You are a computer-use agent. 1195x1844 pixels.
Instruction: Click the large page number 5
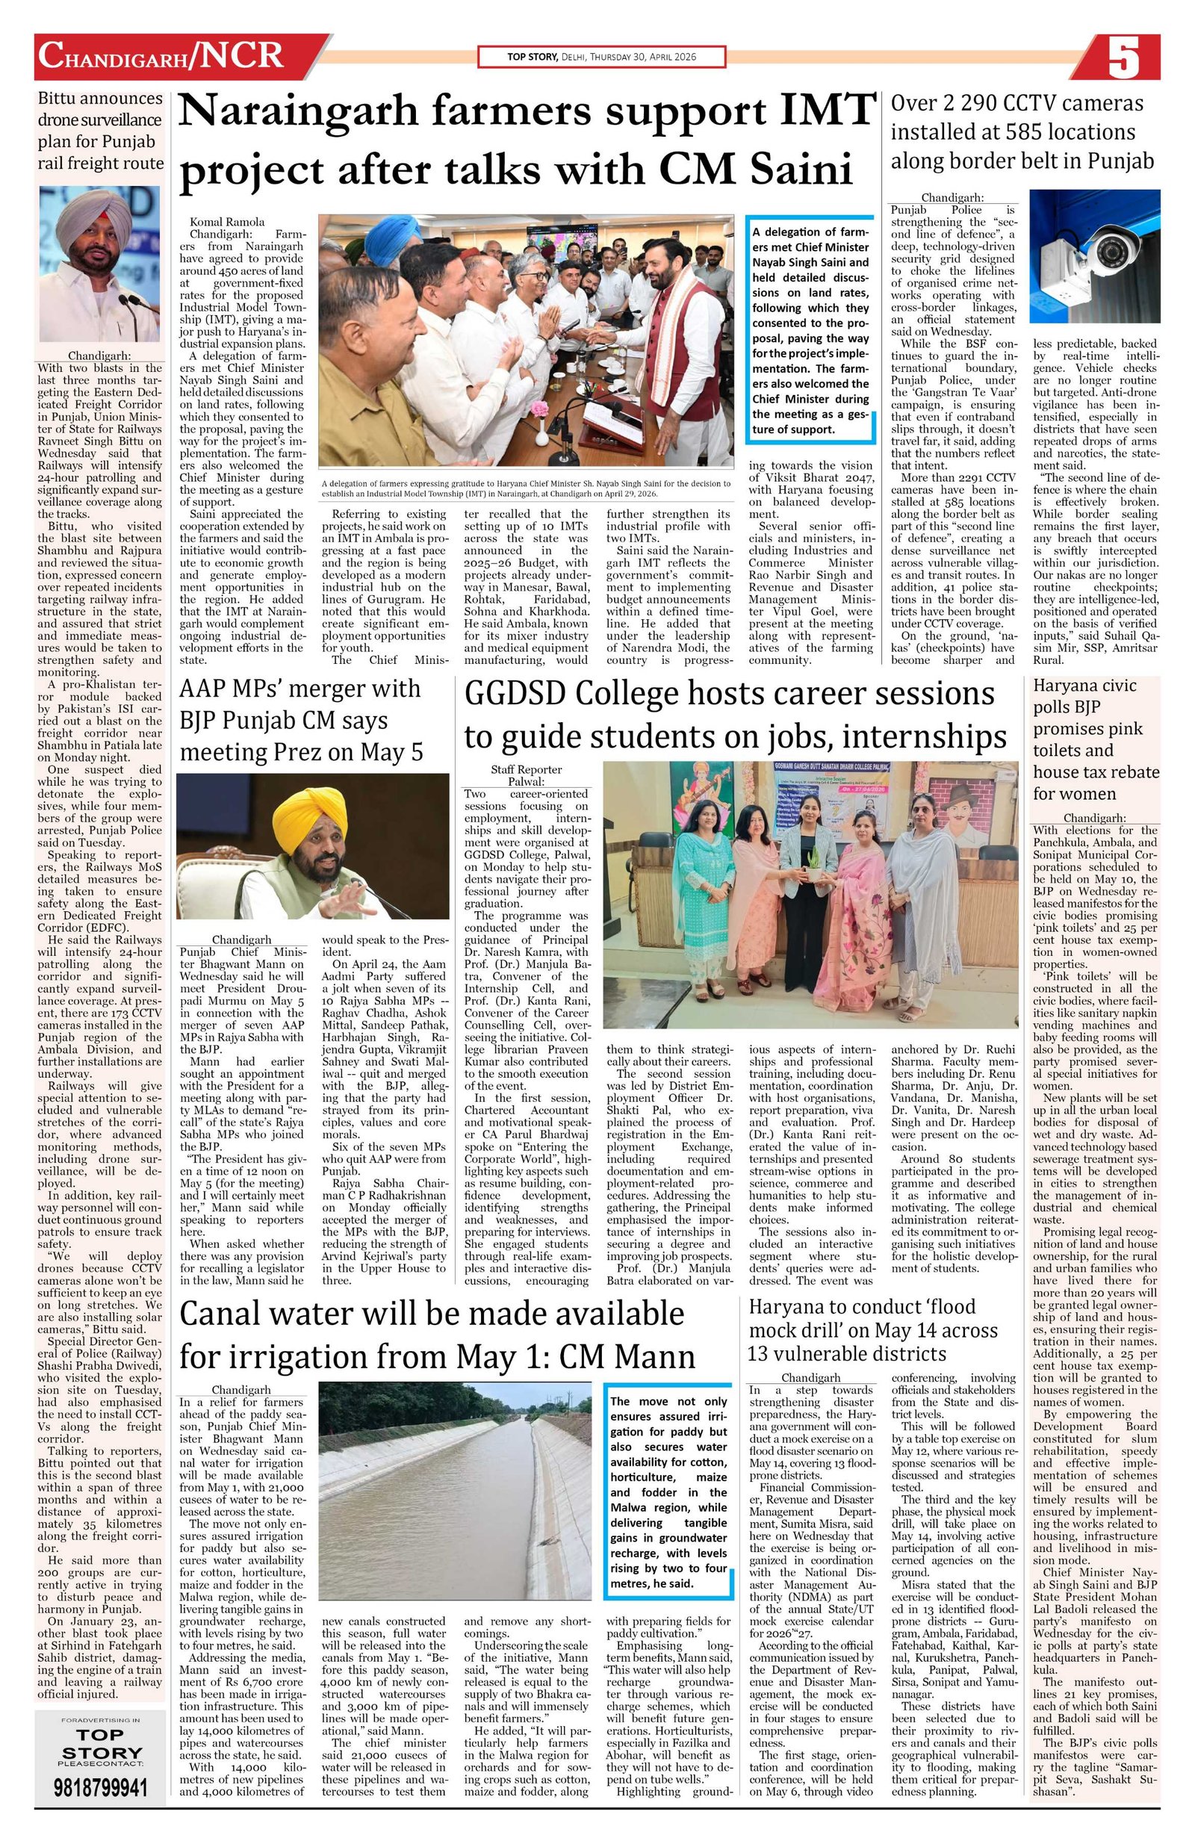click(x=1123, y=58)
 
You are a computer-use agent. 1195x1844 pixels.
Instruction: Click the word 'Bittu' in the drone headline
click(x=63, y=99)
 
